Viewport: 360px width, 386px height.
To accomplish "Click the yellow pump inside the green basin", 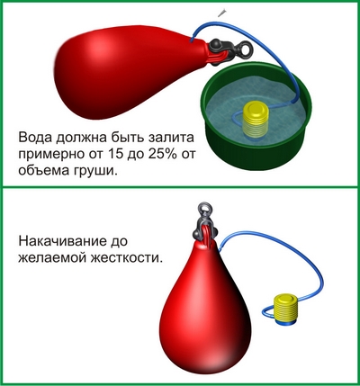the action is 256,119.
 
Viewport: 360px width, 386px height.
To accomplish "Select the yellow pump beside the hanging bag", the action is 286,309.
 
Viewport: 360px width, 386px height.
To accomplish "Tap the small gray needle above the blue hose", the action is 222,13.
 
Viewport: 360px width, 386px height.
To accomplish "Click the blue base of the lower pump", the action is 286,323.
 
